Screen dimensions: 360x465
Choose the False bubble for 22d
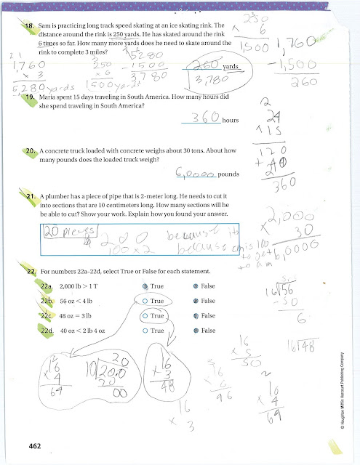pyautogui.click(x=197, y=331)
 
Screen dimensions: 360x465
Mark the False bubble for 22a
pyautogui.click(x=197, y=286)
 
